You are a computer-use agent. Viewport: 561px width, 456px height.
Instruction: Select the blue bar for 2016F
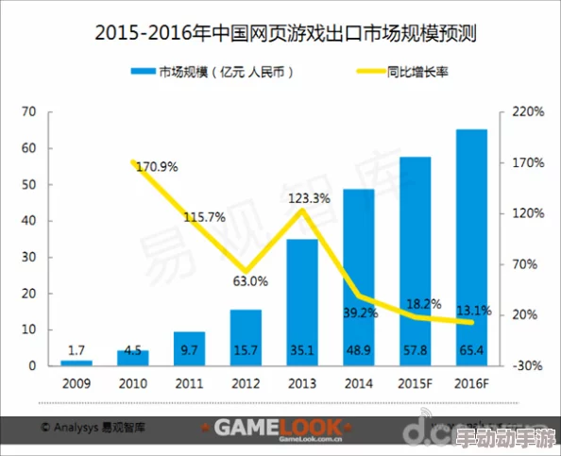coord(471,245)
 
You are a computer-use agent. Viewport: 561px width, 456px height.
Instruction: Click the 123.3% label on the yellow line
coord(309,198)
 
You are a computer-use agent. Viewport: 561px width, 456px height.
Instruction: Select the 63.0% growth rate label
coord(250,280)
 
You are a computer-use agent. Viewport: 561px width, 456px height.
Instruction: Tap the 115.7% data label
coord(204,217)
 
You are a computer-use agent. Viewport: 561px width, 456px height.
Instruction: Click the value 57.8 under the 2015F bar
coord(415,350)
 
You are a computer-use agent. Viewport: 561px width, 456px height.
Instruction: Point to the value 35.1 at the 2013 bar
coord(301,350)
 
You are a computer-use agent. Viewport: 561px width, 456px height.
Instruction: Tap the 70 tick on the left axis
coord(28,112)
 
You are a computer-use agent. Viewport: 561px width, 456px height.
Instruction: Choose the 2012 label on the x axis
coord(246,383)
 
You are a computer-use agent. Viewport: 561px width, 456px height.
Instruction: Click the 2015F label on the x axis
coord(415,383)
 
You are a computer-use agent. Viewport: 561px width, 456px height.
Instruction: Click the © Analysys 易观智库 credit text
coord(93,428)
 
